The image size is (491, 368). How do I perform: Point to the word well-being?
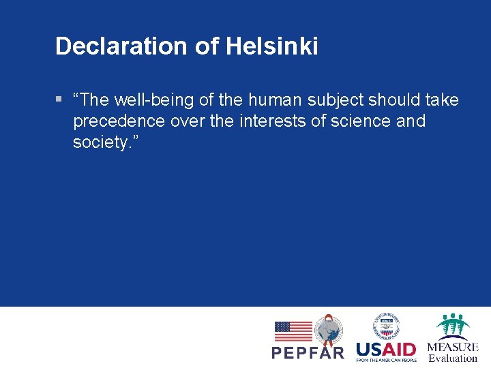tap(149, 100)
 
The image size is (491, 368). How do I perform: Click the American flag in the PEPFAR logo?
tap(293, 331)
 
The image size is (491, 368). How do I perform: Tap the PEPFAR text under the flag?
tap(308, 353)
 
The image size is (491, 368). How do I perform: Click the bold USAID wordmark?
tap(386, 348)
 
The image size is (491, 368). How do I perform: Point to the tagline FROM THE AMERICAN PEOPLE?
tap(386, 359)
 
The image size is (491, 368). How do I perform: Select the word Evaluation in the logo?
tap(453, 358)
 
